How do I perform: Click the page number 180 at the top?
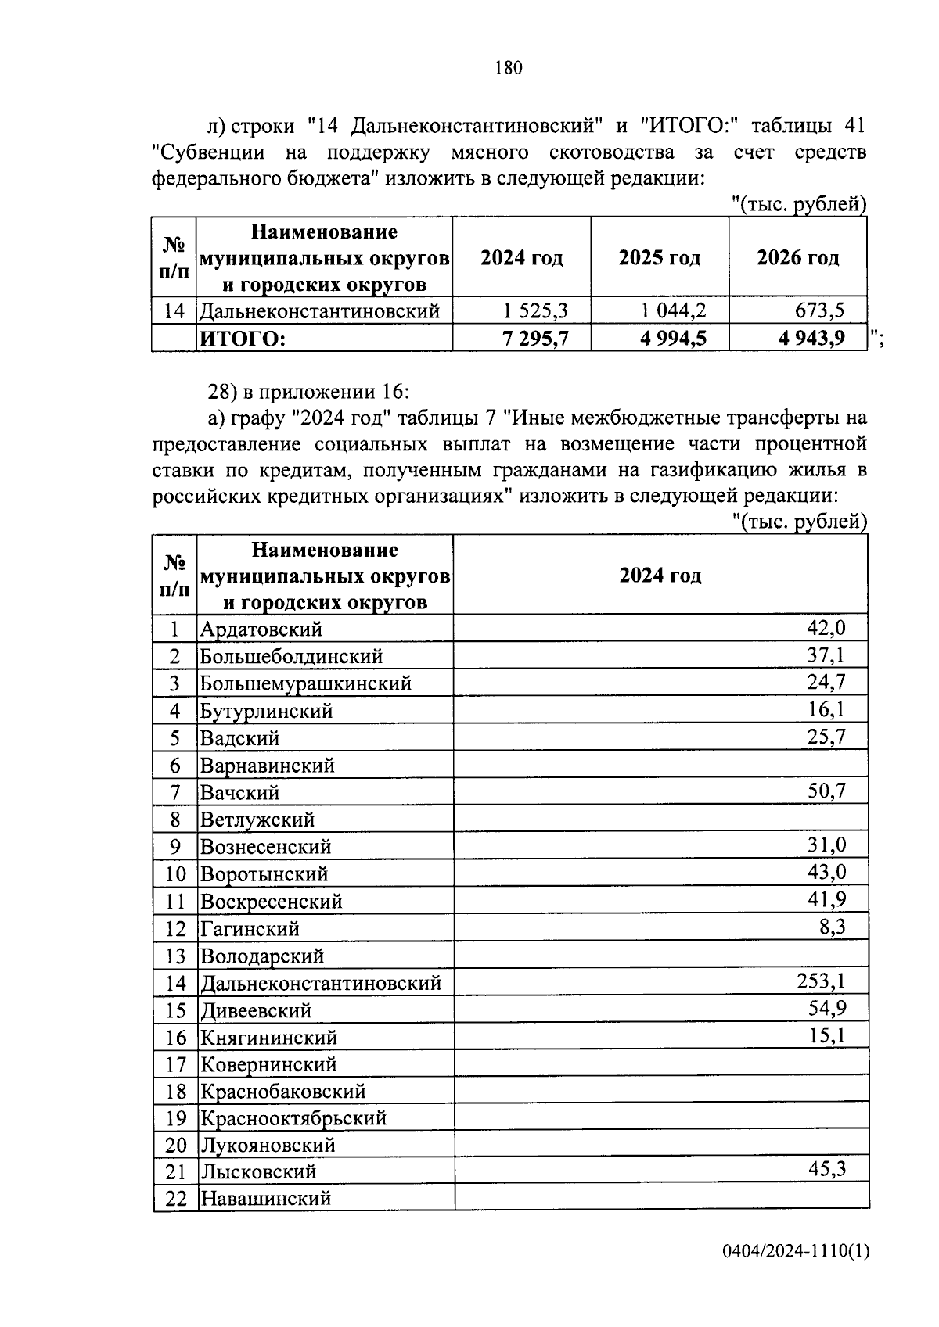point(509,68)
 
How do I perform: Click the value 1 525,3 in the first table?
point(536,311)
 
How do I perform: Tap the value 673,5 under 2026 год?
point(819,311)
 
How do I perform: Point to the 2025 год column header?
point(659,258)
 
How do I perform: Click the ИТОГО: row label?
point(243,339)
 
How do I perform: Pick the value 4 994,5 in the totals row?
point(674,339)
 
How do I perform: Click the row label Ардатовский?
point(261,629)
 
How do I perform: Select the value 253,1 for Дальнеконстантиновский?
point(821,981)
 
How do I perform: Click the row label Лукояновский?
point(268,1145)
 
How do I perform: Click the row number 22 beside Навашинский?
point(176,1198)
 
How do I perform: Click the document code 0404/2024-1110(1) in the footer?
point(795,1252)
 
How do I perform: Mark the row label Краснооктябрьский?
point(293,1117)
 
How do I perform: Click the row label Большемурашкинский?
point(306,683)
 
